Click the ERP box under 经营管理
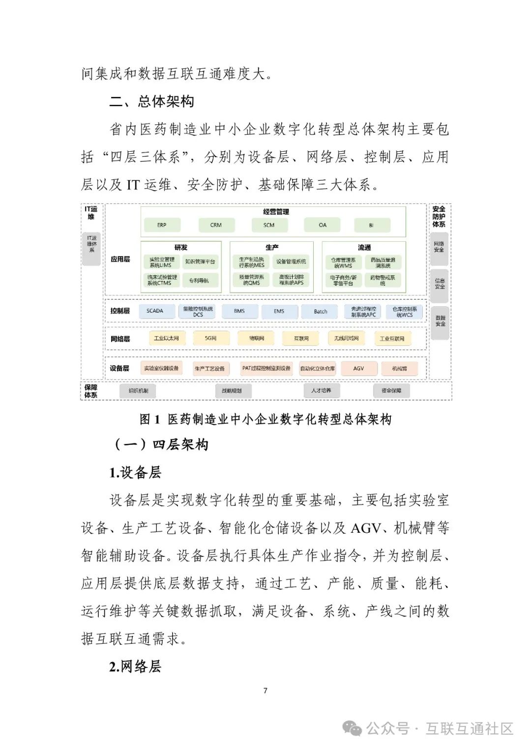pos(162,225)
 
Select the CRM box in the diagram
pos(216,225)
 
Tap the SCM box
pos(269,225)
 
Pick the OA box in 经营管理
pos(323,225)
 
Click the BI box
pos(371,226)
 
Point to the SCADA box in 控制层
pos(155,311)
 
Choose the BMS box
pos(239,311)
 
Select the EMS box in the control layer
pos(279,311)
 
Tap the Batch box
pos(321,312)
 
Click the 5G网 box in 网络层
pos(210,339)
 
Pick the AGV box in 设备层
pos(359,368)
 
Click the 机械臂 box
pos(399,369)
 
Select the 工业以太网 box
pos(166,339)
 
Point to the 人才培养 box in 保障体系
pos(321,391)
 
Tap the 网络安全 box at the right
pos(439,247)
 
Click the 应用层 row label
pos(120,259)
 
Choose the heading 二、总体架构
pos(152,102)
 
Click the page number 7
pos(265,691)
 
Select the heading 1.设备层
pos(135,473)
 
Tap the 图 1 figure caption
pos(265,419)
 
